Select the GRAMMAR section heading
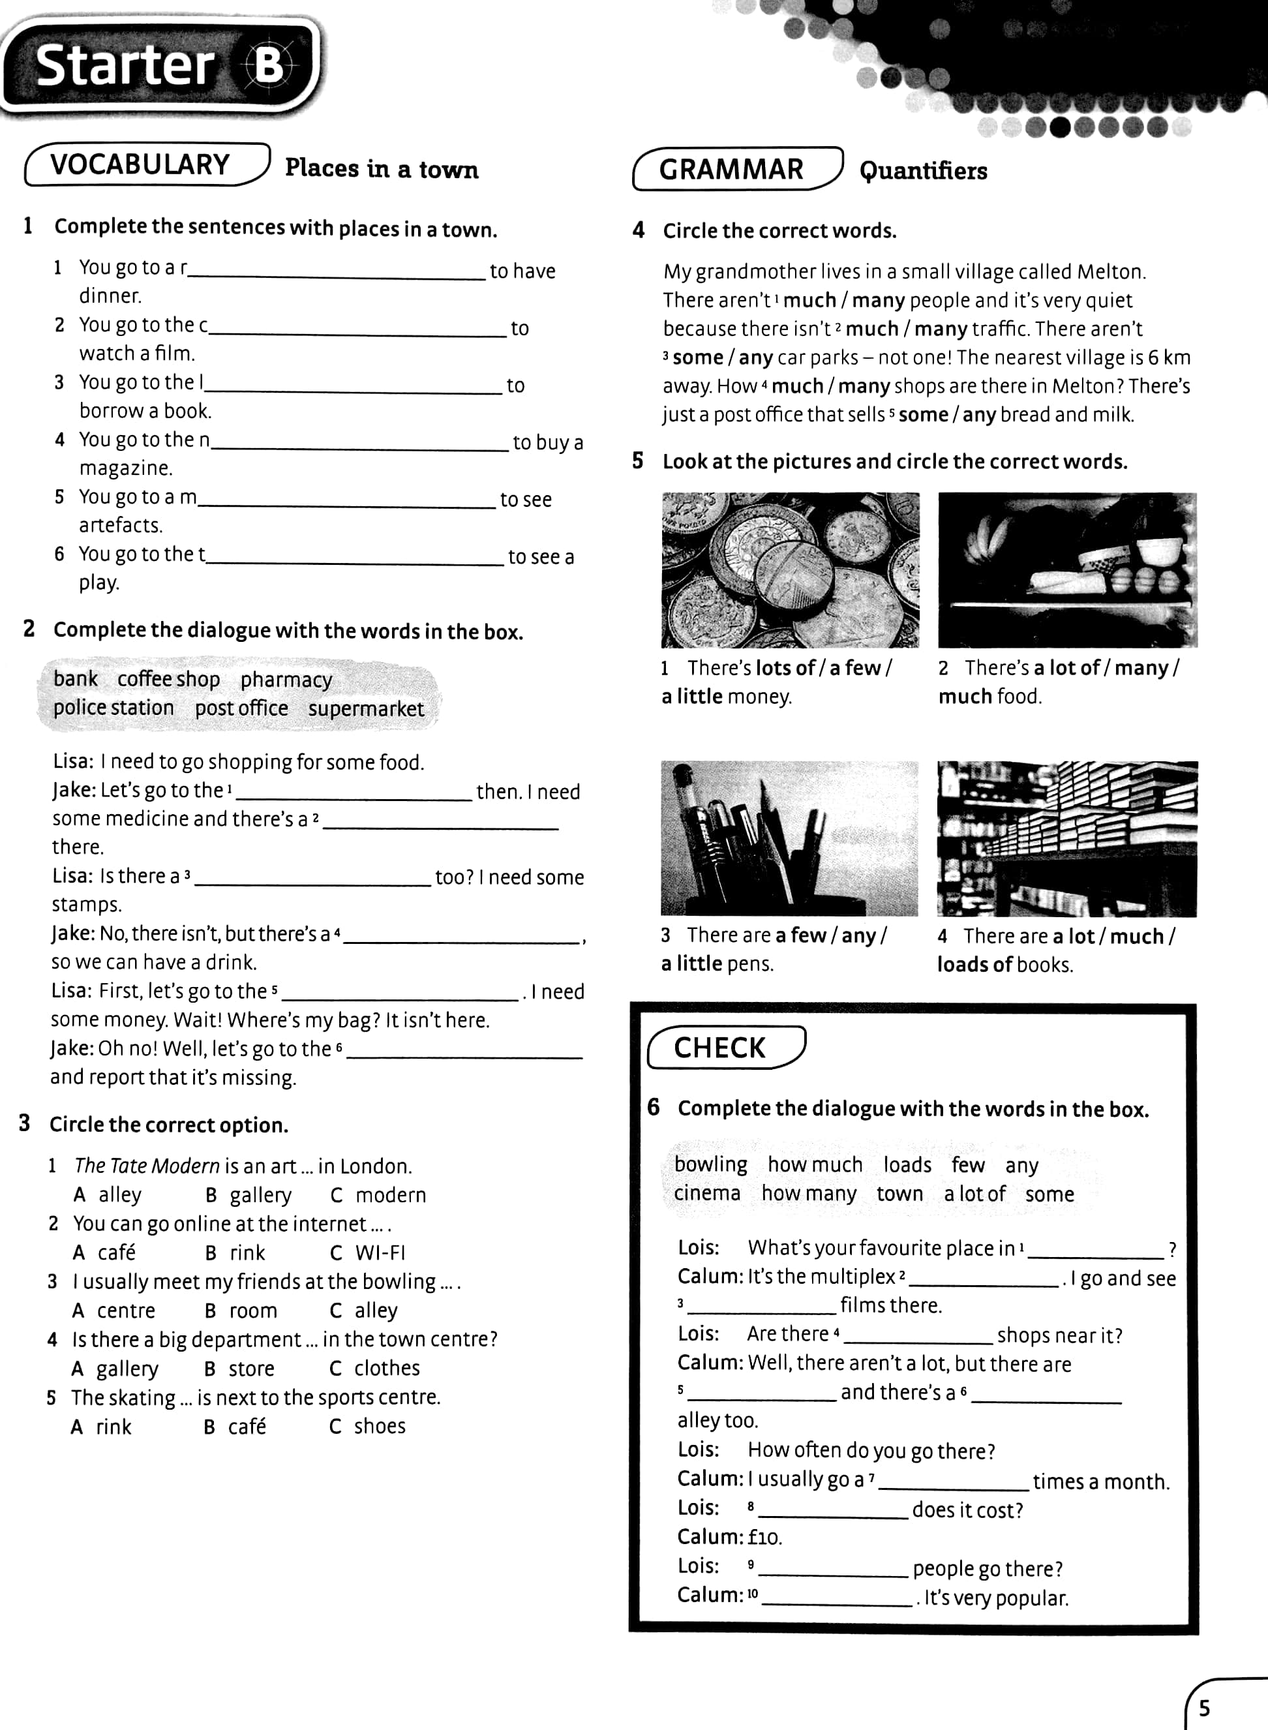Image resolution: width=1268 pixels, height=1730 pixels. [x=731, y=170]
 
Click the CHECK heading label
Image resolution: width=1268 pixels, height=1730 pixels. [x=719, y=1048]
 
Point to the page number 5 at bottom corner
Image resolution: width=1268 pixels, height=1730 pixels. [x=1204, y=1708]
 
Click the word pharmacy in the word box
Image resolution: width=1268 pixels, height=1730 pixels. [x=286, y=680]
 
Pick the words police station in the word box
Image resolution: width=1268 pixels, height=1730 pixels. [x=113, y=708]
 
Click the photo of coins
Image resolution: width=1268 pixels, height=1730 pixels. [x=790, y=569]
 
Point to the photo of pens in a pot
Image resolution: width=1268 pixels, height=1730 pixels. [x=789, y=838]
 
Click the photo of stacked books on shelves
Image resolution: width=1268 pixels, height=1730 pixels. [x=1066, y=838]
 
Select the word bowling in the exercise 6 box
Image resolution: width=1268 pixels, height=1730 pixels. [x=710, y=1165]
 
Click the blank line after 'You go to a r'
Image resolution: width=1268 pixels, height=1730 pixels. [x=338, y=274]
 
